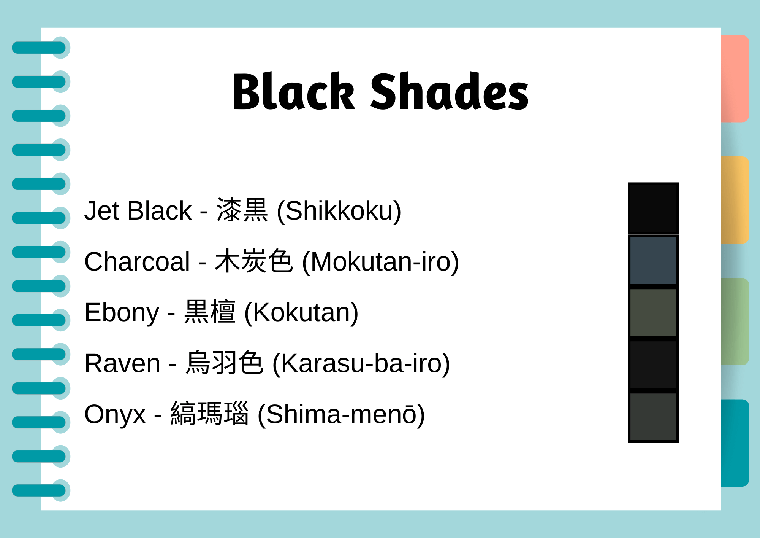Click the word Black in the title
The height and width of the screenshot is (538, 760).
(293, 92)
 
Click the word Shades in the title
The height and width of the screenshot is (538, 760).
(449, 92)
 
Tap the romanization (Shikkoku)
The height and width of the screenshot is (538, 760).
(339, 210)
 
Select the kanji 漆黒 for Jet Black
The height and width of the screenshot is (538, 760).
(242, 210)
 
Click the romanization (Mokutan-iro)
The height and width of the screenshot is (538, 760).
(380, 262)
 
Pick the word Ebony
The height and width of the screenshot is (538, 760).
(122, 312)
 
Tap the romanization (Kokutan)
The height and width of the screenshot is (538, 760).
(301, 312)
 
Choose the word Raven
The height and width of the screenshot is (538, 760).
(122, 363)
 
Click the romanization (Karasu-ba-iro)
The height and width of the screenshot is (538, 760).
(361, 363)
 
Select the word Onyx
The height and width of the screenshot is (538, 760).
(115, 414)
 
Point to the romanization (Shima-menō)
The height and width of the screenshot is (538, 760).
(341, 414)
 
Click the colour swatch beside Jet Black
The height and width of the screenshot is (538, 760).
(653, 208)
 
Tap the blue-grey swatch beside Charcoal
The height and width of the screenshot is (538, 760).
(653, 261)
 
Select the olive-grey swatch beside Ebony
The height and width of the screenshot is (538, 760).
(653, 312)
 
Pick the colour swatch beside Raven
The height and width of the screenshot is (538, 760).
(653, 365)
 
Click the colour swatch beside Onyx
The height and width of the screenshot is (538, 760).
(653, 417)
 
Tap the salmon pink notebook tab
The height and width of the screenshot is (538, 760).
(735, 78)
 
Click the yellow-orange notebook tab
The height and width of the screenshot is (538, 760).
(735, 200)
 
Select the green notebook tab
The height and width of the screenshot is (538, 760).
(735, 322)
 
